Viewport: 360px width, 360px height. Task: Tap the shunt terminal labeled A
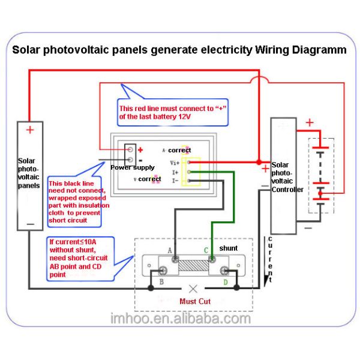(x=175, y=259)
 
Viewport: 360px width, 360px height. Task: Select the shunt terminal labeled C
(x=212, y=259)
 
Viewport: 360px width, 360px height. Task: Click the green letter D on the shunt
(x=225, y=281)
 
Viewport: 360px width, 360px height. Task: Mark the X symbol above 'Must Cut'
(x=192, y=288)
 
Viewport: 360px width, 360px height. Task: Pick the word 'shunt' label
(x=228, y=248)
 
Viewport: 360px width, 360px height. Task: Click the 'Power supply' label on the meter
(x=133, y=167)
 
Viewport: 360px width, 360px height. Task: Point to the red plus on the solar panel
(x=30, y=130)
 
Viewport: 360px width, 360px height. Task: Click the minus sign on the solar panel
(x=30, y=223)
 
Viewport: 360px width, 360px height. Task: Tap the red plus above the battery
(x=310, y=124)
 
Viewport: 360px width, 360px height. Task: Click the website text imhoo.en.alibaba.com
(x=181, y=319)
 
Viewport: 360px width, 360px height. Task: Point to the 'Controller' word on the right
(x=287, y=190)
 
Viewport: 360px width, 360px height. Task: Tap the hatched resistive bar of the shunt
(x=193, y=263)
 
